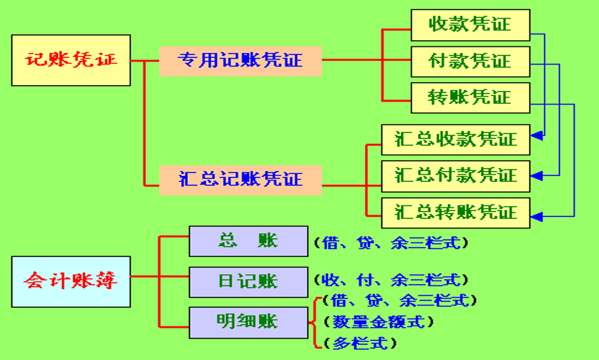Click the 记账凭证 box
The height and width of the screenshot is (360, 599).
coord(71,60)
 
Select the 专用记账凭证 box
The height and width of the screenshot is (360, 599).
coord(240,60)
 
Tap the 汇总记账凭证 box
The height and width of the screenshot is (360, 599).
coord(240,178)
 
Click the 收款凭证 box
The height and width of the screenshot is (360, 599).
coord(470,24)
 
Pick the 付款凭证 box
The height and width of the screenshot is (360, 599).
coord(470,61)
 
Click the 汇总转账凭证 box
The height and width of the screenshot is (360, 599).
coord(455,213)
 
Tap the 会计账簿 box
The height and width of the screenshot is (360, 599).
coord(71,281)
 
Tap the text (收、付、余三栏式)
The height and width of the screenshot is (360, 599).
coord(391,280)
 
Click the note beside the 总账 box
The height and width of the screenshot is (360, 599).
coord(391,243)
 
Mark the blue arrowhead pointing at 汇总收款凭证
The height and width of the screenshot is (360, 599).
coord(537,135)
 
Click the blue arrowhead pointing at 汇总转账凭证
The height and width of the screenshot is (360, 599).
coord(537,215)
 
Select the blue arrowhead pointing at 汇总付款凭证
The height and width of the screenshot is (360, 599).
coord(537,174)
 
